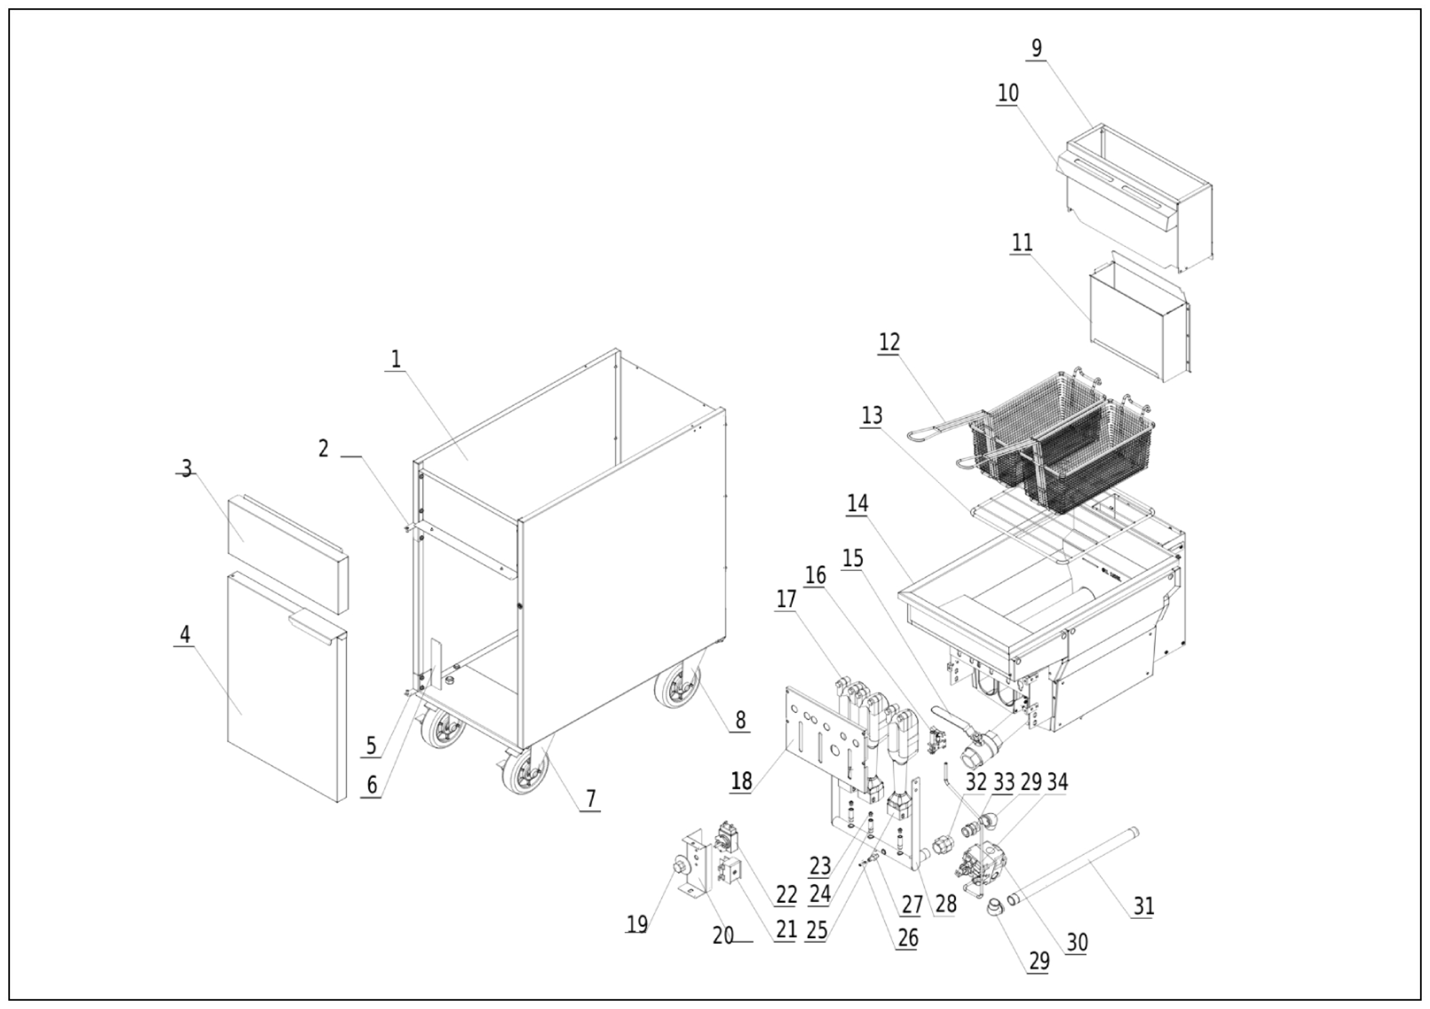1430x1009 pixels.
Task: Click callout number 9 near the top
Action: point(1036,48)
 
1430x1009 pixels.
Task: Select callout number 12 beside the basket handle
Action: point(890,342)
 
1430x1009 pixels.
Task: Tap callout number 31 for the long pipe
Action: point(1143,906)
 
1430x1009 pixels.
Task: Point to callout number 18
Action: point(741,780)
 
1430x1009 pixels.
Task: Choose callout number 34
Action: point(1058,782)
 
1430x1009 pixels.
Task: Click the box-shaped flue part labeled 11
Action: point(1127,323)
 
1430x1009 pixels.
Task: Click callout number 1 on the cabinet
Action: point(396,359)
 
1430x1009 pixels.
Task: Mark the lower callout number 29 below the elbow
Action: point(1039,962)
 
